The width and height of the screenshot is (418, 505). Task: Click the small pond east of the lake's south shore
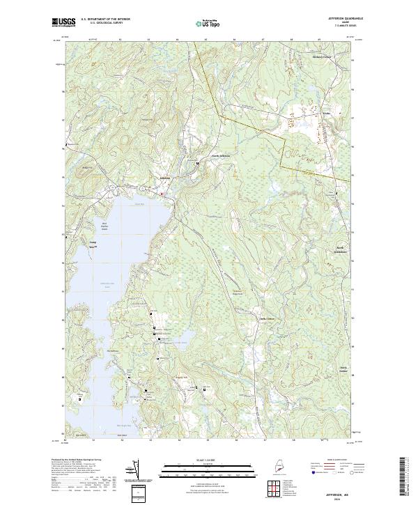[183, 341]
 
